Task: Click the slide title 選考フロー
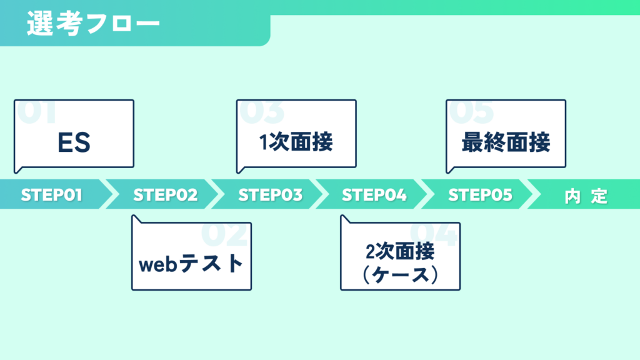[94, 23]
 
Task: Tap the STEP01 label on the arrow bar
[52, 195]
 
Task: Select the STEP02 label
[165, 195]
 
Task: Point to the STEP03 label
[270, 195]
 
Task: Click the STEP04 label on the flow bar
[374, 195]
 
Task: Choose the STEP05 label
[480, 195]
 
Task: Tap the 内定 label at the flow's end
[586, 196]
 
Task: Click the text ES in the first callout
[74, 142]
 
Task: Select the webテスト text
[191, 263]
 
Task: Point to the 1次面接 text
[296, 142]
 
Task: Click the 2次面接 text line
[400, 251]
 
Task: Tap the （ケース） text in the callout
[400, 274]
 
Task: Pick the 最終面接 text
[506, 142]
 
